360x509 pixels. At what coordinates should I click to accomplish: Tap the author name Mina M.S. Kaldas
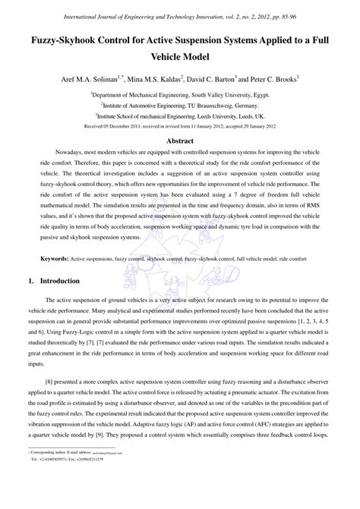click(x=161, y=77)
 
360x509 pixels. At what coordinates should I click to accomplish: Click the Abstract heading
click(x=180, y=141)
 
